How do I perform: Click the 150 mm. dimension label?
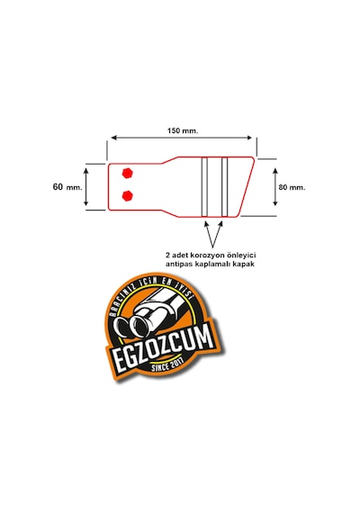(x=183, y=130)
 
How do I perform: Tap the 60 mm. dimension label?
(x=67, y=187)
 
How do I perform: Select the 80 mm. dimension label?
(x=292, y=187)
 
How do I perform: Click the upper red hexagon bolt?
(x=127, y=173)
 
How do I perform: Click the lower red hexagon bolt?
(x=127, y=195)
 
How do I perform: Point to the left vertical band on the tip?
(x=204, y=187)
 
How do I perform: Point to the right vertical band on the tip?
(x=224, y=187)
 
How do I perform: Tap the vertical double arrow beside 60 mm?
(x=86, y=186)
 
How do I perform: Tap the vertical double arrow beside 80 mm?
(x=275, y=187)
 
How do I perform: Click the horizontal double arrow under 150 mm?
(x=182, y=138)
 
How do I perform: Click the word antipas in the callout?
(x=177, y=264)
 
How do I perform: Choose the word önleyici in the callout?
(x=241, y=255)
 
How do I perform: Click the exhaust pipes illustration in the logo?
(x=148, y=318)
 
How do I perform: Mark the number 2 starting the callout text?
(x=168, y=256)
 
